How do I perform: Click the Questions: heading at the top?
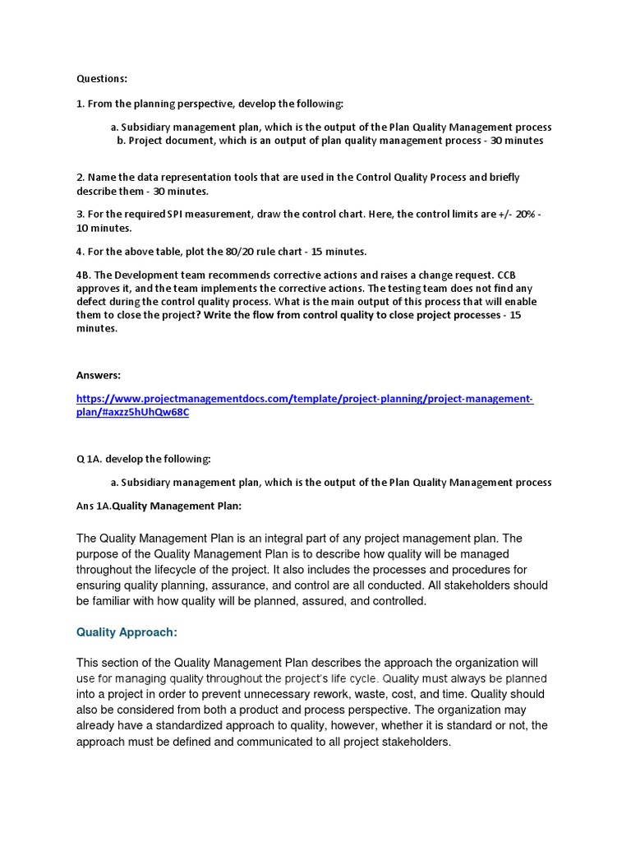tap(103, 79)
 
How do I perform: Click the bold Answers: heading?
tap(99, 375)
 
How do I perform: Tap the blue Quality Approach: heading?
tap(127, 632)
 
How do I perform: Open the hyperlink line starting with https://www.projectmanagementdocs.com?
tap(305, 399)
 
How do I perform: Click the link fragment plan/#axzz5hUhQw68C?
tap(132, 412)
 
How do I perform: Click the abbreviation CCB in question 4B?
tap(506, 275)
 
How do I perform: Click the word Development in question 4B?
tap(133, 275)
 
